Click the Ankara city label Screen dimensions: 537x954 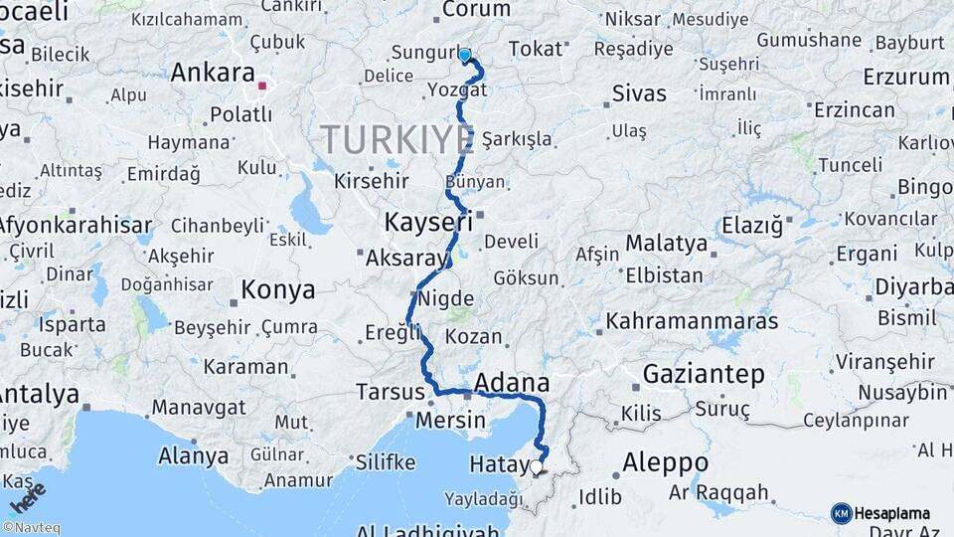[213, 73]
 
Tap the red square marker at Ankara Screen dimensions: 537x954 [262, 87]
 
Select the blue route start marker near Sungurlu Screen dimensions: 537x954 [464, 55]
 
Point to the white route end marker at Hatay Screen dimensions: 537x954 [537, 465]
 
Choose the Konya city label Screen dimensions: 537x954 [278, 290]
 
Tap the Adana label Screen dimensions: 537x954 [512, 383]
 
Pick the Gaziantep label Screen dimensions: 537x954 [704, 375]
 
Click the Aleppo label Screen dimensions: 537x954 [665, 462]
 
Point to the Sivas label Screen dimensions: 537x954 [638, 94]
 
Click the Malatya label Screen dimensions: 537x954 [666, 244]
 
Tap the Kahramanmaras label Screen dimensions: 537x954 [692, 321]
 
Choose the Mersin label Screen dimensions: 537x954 [451, 421]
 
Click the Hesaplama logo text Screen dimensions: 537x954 [893, 513]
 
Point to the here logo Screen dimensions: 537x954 [29, 493]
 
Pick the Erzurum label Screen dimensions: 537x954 [904, 77]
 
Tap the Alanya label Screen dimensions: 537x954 [193, 456]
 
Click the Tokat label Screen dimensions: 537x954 [535, 49]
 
